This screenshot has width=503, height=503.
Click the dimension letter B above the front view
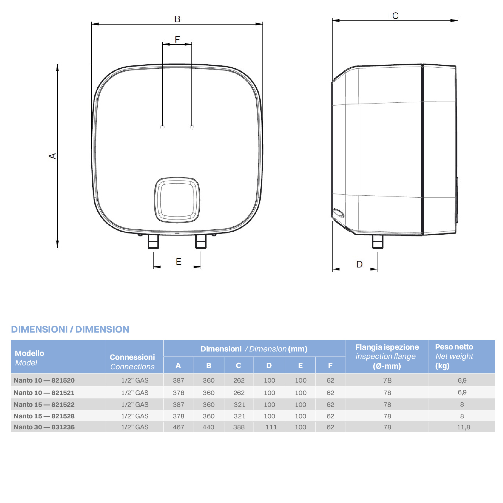pos(177,19)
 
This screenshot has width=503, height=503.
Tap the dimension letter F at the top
pos(177,39)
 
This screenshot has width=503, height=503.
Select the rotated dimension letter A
pos(52,156)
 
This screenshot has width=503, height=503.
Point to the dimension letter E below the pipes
pos(178,262)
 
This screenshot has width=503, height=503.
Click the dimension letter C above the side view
pos(395,16)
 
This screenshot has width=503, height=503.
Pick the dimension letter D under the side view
pos(359,264)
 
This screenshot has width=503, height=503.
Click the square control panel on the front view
pos(177,200)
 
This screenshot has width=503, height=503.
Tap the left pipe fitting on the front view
pos(153,241)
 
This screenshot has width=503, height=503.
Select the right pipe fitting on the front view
pos(201,241)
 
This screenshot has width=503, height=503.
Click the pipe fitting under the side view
pos(378,242)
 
